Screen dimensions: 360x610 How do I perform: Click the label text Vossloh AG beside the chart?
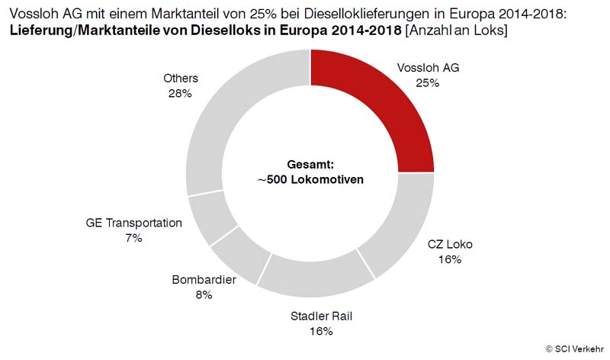(429, 68)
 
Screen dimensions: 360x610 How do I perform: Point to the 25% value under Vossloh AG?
(428, 82)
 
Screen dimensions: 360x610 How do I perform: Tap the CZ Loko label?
(451, 245)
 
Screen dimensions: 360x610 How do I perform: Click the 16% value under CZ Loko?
(450, 259)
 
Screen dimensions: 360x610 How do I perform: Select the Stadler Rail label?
(322, 317)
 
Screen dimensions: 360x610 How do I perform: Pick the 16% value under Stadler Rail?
(322, 331)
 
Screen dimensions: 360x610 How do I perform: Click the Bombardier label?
(204, 280)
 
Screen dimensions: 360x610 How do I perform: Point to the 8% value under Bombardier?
(204, 294)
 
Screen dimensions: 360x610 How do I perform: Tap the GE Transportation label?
(134, 223)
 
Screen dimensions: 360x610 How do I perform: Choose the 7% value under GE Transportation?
(134, 238)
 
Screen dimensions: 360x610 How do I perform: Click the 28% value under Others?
(181, 93)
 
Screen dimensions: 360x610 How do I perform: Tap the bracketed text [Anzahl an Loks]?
(456, 30)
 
